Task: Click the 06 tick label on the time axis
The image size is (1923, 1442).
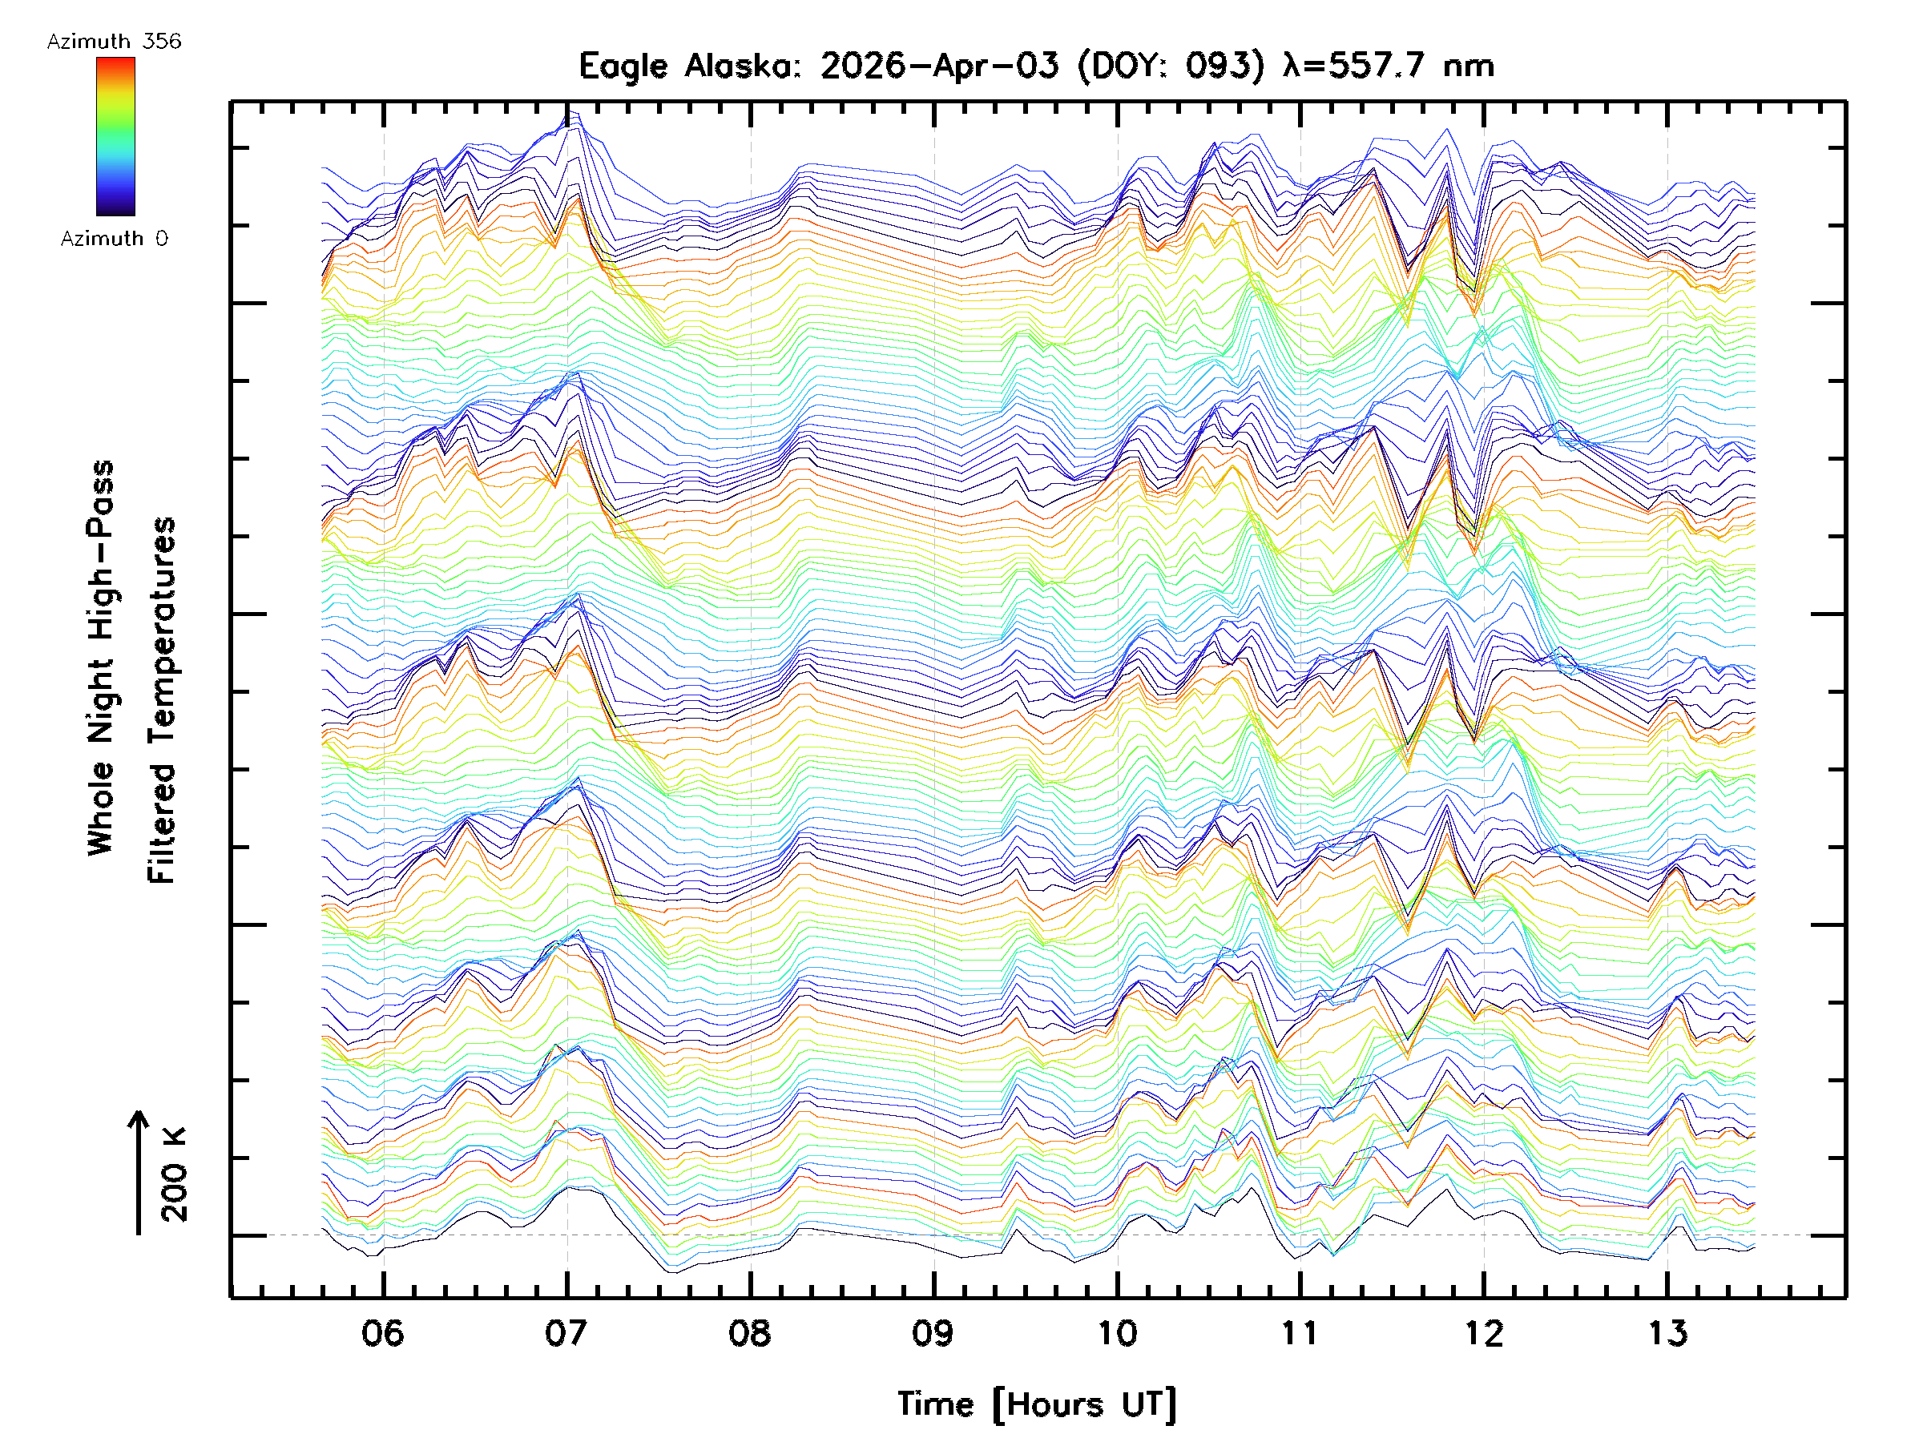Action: click(382, 1333)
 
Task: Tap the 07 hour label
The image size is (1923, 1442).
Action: click(566, 1333)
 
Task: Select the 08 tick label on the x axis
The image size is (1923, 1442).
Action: click(749, 1333)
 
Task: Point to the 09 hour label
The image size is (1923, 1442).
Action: click(933, 1333)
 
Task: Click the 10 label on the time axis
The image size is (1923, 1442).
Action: click(1116, 1333)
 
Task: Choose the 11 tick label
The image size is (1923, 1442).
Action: click(1300, 1333)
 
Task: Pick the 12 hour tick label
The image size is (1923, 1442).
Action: click(1483, 1333)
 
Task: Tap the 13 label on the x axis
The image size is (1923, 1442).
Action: click(1667, 1333)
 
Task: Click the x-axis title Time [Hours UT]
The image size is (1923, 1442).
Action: click(1036, 1405)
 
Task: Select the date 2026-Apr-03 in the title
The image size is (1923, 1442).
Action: click(940, 66)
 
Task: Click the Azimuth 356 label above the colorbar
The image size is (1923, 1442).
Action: click(114, 42)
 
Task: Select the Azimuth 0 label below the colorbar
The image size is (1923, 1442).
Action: click(114, 239)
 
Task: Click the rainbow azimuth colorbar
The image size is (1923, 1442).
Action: click(115, 136)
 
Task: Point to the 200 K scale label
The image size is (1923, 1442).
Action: click(175, 1175)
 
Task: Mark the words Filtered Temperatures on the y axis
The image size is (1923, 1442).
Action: click(162, 701)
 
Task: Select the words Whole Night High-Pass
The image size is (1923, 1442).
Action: click(101, 658)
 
